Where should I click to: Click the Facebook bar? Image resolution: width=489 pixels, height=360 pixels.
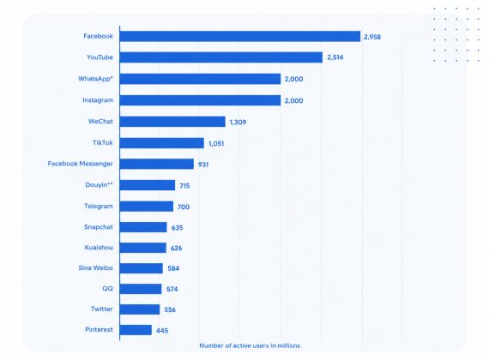[240, 36]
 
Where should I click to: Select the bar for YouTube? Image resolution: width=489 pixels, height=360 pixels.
[221, 57]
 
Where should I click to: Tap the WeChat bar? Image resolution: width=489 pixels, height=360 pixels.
[172, 122]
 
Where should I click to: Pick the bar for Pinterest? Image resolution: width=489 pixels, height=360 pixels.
[136, 330]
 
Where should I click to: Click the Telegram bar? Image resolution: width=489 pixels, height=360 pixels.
[146, 207]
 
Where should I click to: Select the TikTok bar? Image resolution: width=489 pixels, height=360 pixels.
[162, 143]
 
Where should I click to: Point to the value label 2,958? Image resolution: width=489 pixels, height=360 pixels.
[372, 37]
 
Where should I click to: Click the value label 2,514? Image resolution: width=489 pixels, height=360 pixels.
[335, 57]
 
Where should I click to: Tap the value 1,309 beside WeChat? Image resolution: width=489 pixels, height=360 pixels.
[238, 123]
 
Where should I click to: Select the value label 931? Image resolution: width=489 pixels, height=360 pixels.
[203, 165]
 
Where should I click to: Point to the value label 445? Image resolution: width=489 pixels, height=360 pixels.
[162, 330]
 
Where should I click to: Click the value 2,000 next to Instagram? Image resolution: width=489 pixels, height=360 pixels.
[293, 100]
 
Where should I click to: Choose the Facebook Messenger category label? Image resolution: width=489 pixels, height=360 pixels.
[80, 164]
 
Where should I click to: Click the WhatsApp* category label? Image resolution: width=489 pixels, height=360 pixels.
[95, 79]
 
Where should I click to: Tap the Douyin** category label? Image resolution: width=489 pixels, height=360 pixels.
[99, 185]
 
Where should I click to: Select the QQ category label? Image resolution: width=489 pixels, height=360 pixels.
[107, 289]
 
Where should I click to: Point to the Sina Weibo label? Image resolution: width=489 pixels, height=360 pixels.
[95, 267]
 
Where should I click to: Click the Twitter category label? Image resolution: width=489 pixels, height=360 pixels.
[102, 309]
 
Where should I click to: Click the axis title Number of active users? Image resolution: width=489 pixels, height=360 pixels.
[250, 345]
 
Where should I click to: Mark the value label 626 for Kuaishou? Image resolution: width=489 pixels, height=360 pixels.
[176, 248]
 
